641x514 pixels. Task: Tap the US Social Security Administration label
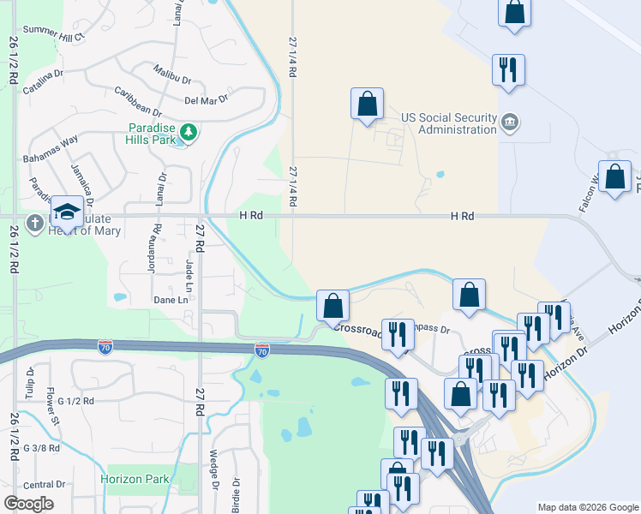click(449, 123)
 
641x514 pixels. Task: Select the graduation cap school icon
click(67, 212)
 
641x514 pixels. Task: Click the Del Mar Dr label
click(206, 99)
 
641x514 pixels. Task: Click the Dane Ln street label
click(171, 300)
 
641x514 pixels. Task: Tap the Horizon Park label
click(135, 479)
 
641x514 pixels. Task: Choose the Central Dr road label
click(44, 485)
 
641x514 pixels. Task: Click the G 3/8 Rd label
click(41, 448)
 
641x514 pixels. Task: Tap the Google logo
click(28, 504)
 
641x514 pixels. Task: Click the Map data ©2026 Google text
click(587, 507)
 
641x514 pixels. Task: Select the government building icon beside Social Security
click(510, 123)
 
